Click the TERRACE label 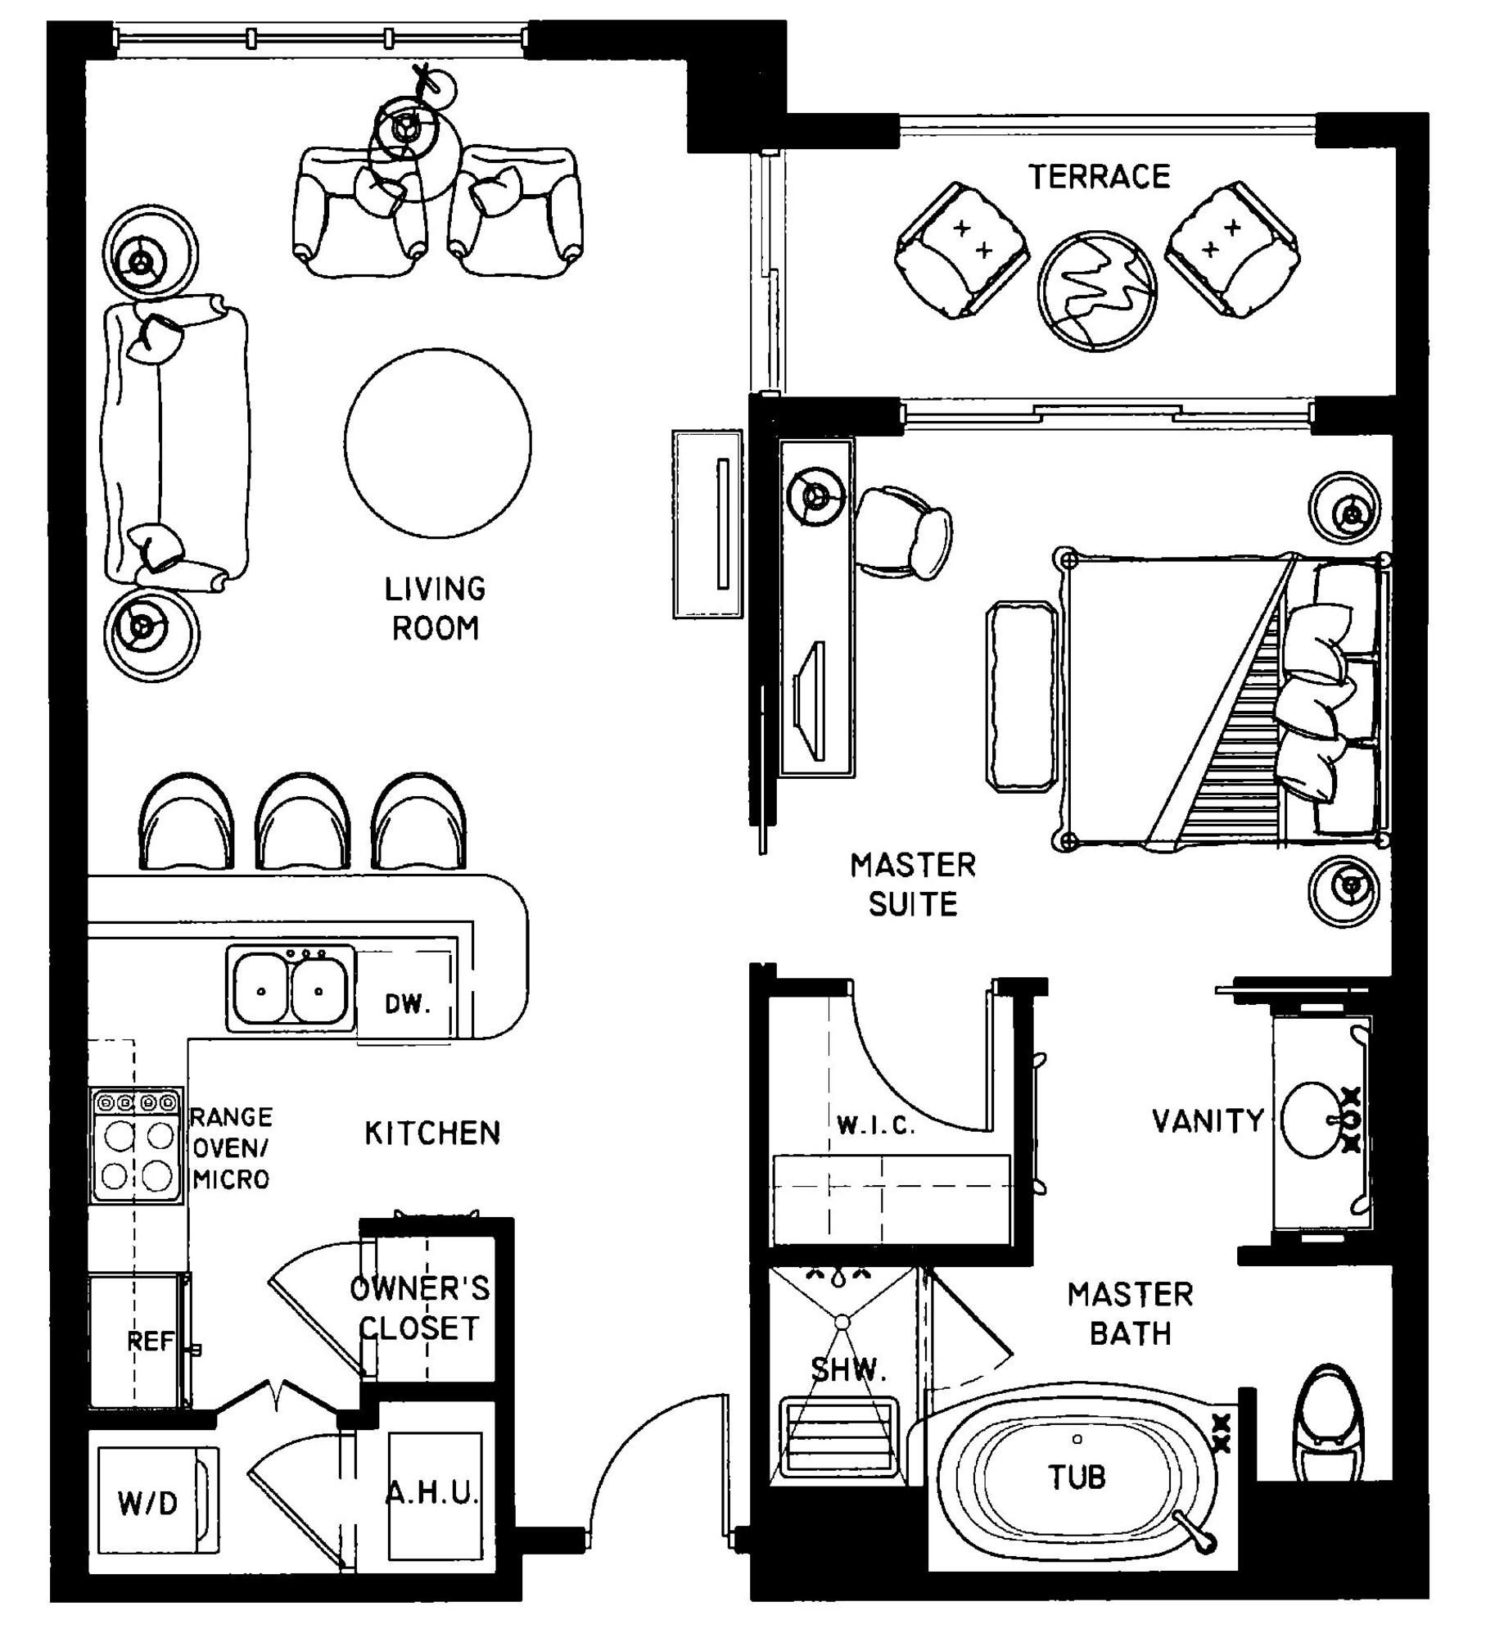pyautogui.click(x=1099, y=177)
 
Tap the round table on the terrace pyautogui.click(x=1097, y=292)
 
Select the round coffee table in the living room pyautogui.click(x=438, y=443)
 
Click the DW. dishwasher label pyautogui.click(x=408, y=1003)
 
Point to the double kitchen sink pyautogui.click(x=291, y=989)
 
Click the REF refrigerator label pyautogui.click(x=151, y=1342)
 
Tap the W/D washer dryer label pyautogui.click(x=148, y=1503)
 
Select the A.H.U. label pyautogui.click(x=431, y=1493)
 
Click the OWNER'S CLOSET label pyautogui.click(x=419, y=1308)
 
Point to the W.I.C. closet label pyautogui.click(x=875, y=1126)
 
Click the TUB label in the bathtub pyautogui.click(x=1077, y=1477)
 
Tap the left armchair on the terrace pyautogui.click(x=961, y=251)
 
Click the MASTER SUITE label pyautogui.click(x=913, y=885)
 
